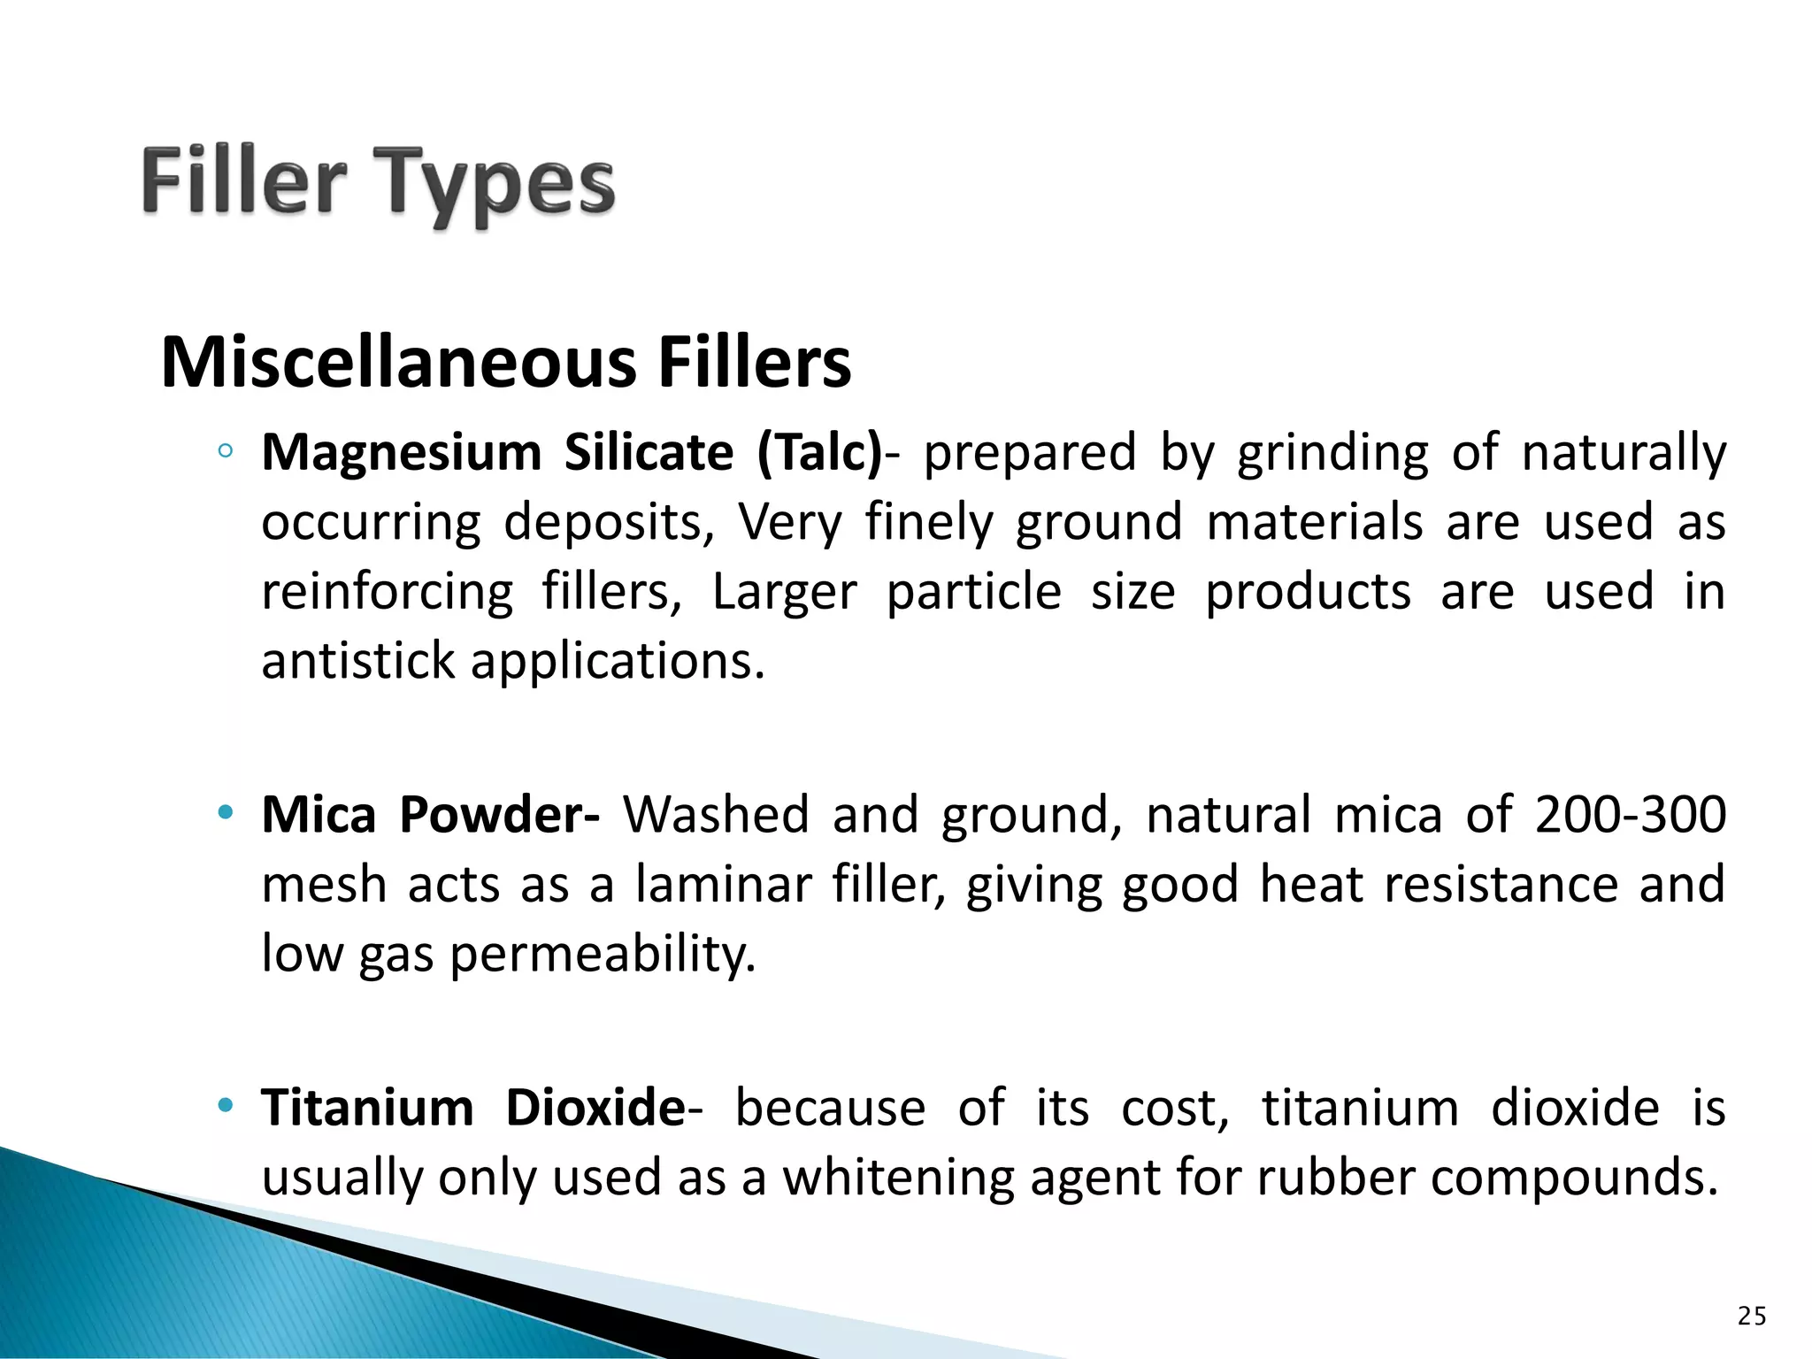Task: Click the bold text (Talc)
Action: (x=819, y=453)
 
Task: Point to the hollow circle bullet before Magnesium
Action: (x=226, y=452)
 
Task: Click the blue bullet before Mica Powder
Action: (x=226, y=811)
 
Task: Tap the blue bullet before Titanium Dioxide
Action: (x=226, y=1104)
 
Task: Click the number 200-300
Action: (x=1630, y=814)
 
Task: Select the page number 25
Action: (x=1752, y=1317)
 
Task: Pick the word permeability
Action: (x=603, y=956)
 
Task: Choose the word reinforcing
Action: (x=387, y=593)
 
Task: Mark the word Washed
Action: (x=716, y=814)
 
